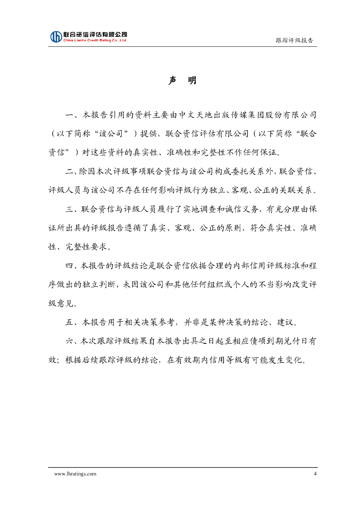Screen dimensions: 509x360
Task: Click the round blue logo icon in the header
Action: pyautogui.click(x=56, y=36)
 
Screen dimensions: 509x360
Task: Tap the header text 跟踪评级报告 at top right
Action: pyautogui.click(x=294, y=41)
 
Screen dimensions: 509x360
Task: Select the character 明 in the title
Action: pyautogui.click(x=192, y=81)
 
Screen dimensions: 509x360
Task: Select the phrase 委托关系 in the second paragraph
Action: pyautogui.click(x=250, y=171)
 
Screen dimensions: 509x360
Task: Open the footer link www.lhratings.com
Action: pyautogui.click(x=75, y=474)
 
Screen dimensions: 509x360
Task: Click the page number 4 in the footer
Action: pyautogui.click(x=315, y=474)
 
